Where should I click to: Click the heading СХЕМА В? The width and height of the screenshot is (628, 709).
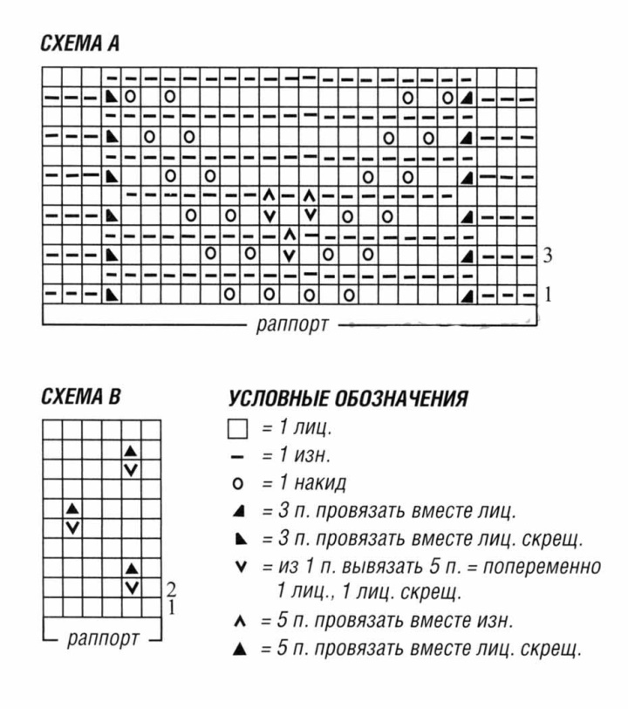tap(80, 398)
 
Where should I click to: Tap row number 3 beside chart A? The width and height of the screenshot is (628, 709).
tap(548, 256)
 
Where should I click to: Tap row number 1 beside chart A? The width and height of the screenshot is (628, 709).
tap(548, 294)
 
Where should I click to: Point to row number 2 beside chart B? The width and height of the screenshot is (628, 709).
tap(172, 590)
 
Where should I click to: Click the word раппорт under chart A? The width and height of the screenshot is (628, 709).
tap(292, 326)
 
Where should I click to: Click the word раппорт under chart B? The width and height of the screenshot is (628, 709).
tap(102, 638)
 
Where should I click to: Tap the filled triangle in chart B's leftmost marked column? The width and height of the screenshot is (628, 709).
tap(73, 508)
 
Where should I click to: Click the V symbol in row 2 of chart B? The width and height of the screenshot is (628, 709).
tap(132, 587)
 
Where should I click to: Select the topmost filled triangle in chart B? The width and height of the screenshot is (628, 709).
tap(132, 451)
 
